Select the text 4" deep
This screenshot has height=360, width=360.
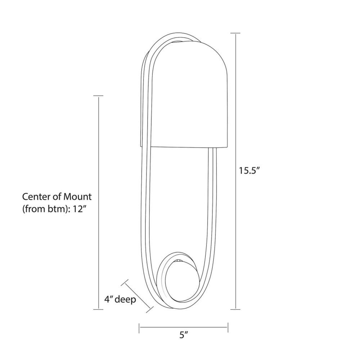120,300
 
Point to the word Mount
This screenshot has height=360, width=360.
77,197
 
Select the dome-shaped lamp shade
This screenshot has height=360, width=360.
184,94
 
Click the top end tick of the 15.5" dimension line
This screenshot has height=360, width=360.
235,33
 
